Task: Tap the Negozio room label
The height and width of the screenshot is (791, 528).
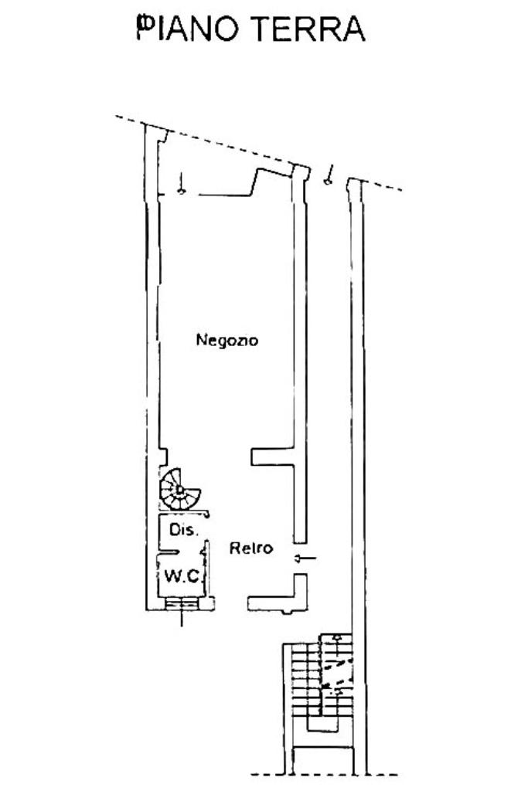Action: coord(227,339)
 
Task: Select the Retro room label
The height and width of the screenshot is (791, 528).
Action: coord(251,548)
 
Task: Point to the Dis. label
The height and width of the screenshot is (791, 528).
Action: coord(184,530)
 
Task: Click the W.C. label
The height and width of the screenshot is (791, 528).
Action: coord(182,576)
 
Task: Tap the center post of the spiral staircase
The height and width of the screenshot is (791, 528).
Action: coord(179,488)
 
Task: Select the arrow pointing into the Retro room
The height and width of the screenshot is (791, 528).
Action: coord(306,558)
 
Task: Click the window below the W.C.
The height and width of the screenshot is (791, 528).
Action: coord(182,604)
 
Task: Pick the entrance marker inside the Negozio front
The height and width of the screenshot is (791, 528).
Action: coord(181,183)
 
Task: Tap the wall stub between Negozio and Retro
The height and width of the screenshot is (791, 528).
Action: coord(272,457)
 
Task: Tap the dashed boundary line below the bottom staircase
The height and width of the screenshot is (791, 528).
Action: coord(325,774)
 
